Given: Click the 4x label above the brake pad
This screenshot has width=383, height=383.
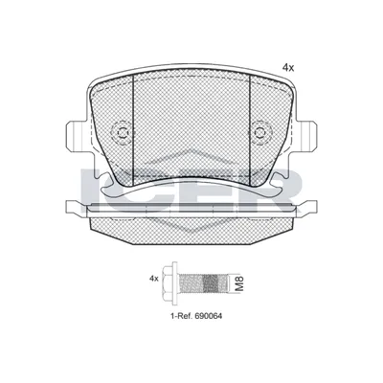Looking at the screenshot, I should (x=288, y=67).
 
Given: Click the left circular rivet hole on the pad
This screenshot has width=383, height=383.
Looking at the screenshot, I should (x=122, y=133).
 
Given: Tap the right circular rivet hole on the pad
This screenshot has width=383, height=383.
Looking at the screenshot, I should (x=259, y=133).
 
